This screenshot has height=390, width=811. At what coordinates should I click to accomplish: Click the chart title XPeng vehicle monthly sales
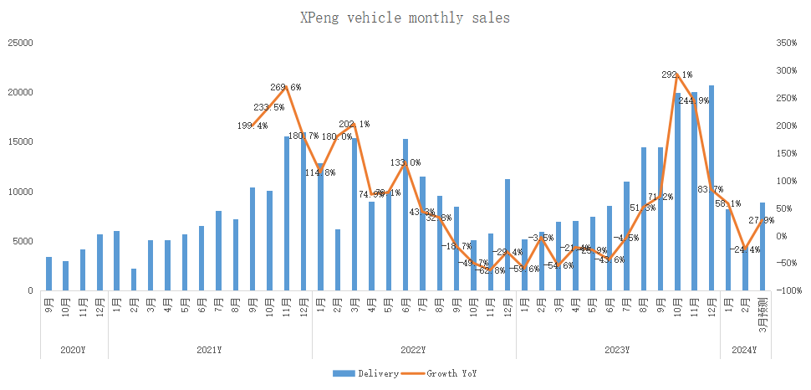[405, 18]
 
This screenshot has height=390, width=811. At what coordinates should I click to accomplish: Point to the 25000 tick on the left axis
[20, 42]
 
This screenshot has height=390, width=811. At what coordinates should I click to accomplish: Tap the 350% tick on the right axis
[787, 42]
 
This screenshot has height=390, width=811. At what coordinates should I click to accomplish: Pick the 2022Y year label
[413, 350]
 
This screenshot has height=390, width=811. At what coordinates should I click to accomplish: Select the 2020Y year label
[74, 350]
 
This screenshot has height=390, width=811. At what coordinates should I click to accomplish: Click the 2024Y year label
[744, 350]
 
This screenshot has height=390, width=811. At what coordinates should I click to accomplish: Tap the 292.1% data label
[677, 75]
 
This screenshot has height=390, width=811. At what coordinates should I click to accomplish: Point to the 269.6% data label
[286, 87]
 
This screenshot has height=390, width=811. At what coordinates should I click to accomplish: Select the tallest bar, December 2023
[712, 187]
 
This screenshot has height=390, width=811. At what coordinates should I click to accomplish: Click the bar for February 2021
[134, 280]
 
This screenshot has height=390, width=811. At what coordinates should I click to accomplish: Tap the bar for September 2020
[48, 274]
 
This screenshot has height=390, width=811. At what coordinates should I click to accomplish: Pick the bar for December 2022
[508, 235]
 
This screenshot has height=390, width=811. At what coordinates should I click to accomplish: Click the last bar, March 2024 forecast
[763, 246]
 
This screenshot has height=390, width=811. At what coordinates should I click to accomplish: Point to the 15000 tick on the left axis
[20, 141]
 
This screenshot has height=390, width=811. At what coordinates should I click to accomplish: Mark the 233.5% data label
[269, 107]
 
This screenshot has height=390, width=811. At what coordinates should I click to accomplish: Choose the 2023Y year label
[617, 350]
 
